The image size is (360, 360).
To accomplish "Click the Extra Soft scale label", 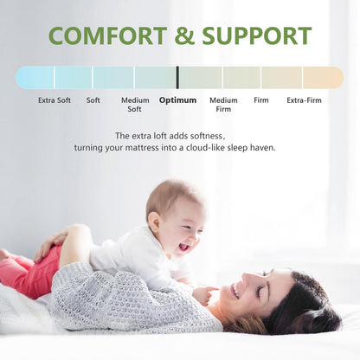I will coord(55,100).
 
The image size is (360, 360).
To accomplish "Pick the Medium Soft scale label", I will coord(135,105).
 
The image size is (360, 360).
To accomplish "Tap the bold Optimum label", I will coord(177,100).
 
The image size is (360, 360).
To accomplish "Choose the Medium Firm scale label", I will coord(223,105).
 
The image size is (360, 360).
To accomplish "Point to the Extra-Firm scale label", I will coord(304,100).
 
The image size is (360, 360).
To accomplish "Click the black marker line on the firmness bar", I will coord(177,78).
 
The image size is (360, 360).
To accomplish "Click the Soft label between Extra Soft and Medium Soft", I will coord(93,100).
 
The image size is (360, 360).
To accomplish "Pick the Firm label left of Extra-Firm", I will coord(260,100).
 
